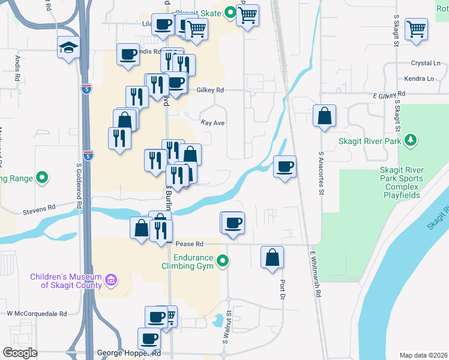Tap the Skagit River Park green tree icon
pyautogui.click(x=410, y=140)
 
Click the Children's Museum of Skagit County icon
pyautogui.click(x=110, y=280)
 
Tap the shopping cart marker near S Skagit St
pyautogui.click(x=415, y=28)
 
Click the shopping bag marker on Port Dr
pyautogui.click(x=273, y=257)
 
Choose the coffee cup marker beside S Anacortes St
pyautogui.click(x=285, y=166)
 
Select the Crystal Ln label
pyautogui.click(x=426, y=63)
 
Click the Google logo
pyautogui.click(x=20, y=353)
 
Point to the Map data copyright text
pyautogui.click(x=423, y=355)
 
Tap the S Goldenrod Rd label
pyautogui.click(x=79, y=187)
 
